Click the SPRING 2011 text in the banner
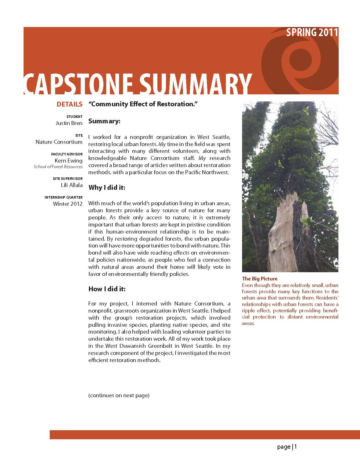point(312,32)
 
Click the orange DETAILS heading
point(69,104)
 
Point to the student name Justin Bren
point(69,123)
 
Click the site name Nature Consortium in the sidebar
point(59,142)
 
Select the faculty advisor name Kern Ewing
point(68,161)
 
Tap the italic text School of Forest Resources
point(58,167)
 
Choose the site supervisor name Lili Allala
point(72,185)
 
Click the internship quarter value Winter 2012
point(68,204)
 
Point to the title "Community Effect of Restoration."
point(143,104)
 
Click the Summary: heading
point(105,121)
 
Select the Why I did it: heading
point(107,188)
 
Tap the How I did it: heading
point(107,289)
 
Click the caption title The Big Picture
point(259,279)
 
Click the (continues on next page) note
point(119,395)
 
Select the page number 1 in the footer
point(296,447)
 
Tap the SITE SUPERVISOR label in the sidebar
point(68,179)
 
